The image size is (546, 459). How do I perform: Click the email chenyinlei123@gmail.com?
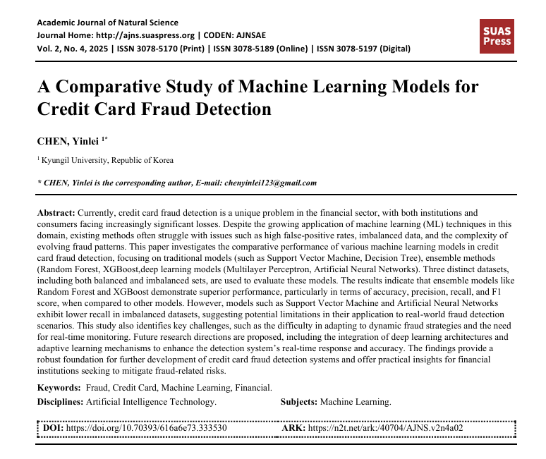click(x=270, y=183)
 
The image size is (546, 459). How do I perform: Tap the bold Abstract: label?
click(x=56, y=212)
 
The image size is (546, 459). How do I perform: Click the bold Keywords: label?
click(x=59, y=388)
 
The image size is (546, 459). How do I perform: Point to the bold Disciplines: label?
click(x=60, y=401)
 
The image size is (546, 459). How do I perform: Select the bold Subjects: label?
click(x=299, y=401)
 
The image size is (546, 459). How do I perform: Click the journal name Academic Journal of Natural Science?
click(x=108, y=23)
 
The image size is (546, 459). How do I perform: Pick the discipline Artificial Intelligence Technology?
click(x=151, y=401)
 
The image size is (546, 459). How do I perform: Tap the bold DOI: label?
click(x=53, y=427)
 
